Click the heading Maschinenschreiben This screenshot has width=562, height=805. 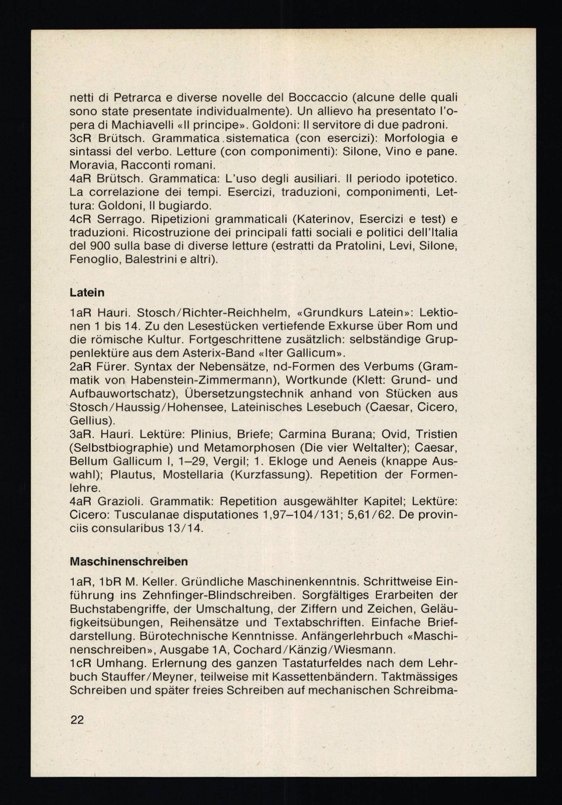129,562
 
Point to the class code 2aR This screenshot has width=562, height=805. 81,367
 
